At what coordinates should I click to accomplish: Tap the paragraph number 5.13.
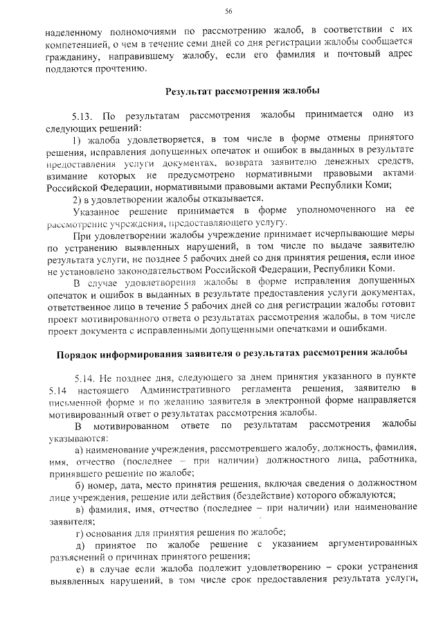tap(84, 115)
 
